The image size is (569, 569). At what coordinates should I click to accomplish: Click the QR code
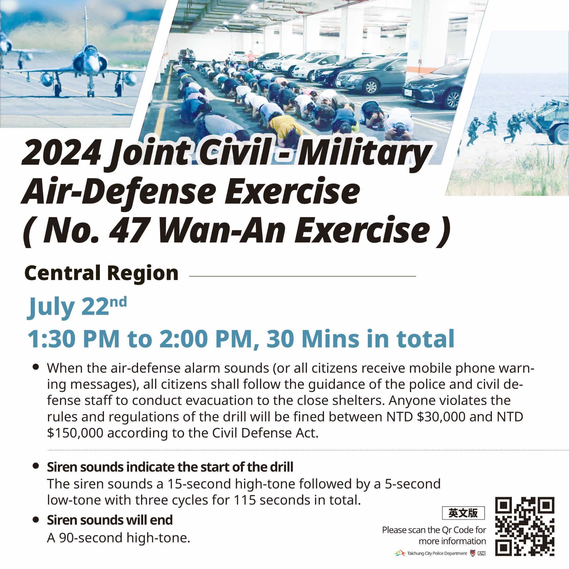[x=525, y=526]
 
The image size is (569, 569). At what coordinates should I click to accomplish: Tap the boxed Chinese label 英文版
[x=463, y=513]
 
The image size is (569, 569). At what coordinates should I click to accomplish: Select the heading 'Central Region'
[x=102, y=273]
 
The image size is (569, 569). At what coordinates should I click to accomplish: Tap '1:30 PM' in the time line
[x=74, y=339]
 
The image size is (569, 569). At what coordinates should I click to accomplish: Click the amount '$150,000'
[x=75, y=433]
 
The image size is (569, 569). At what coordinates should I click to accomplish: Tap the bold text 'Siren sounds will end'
[x=110, y=520]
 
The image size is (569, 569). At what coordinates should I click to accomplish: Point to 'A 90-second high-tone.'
[x=118, y=538]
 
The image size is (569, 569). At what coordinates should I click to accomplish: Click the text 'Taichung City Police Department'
[x=437, y=553]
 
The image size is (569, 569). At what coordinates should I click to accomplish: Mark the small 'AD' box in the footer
[x=482, y=553]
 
